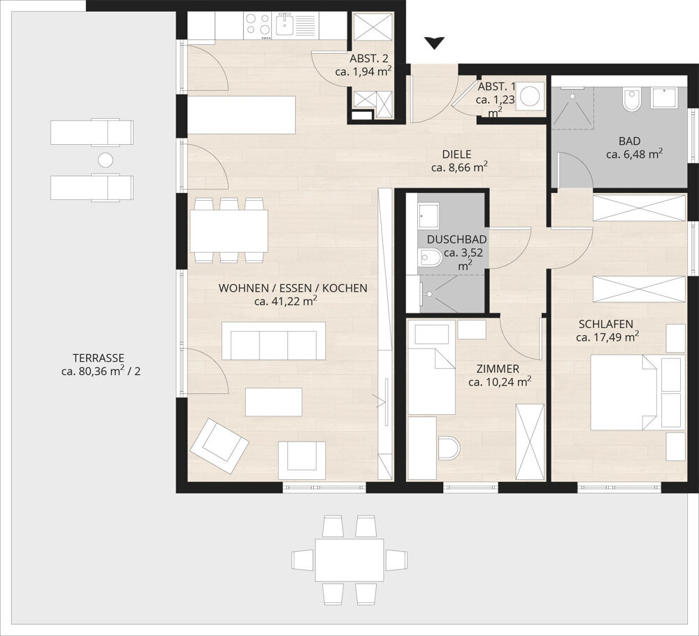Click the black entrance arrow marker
click(435, 43)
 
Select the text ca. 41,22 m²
click(286, 302)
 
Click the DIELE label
click(456, 154)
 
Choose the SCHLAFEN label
click(606, 324)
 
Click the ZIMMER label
click(497, 369)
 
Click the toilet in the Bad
click(630, 100)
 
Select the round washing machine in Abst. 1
click(534, 94)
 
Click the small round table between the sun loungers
click(105, 160)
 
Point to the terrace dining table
click(349, 560)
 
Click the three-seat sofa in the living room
click(273, 341)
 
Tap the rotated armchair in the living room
click(219, 444)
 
